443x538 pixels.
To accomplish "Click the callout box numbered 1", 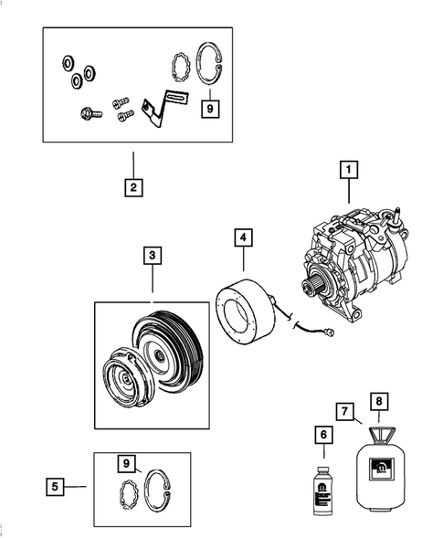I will [347, 169].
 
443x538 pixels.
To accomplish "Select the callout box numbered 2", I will [133, 189].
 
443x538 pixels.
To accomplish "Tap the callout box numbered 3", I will [153, 257].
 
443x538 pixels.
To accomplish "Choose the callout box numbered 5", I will [57, 488].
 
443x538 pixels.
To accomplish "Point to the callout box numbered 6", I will [321, 436].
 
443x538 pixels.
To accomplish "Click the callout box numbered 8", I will [377, 398].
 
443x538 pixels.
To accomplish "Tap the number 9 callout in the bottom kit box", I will [128, 464].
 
